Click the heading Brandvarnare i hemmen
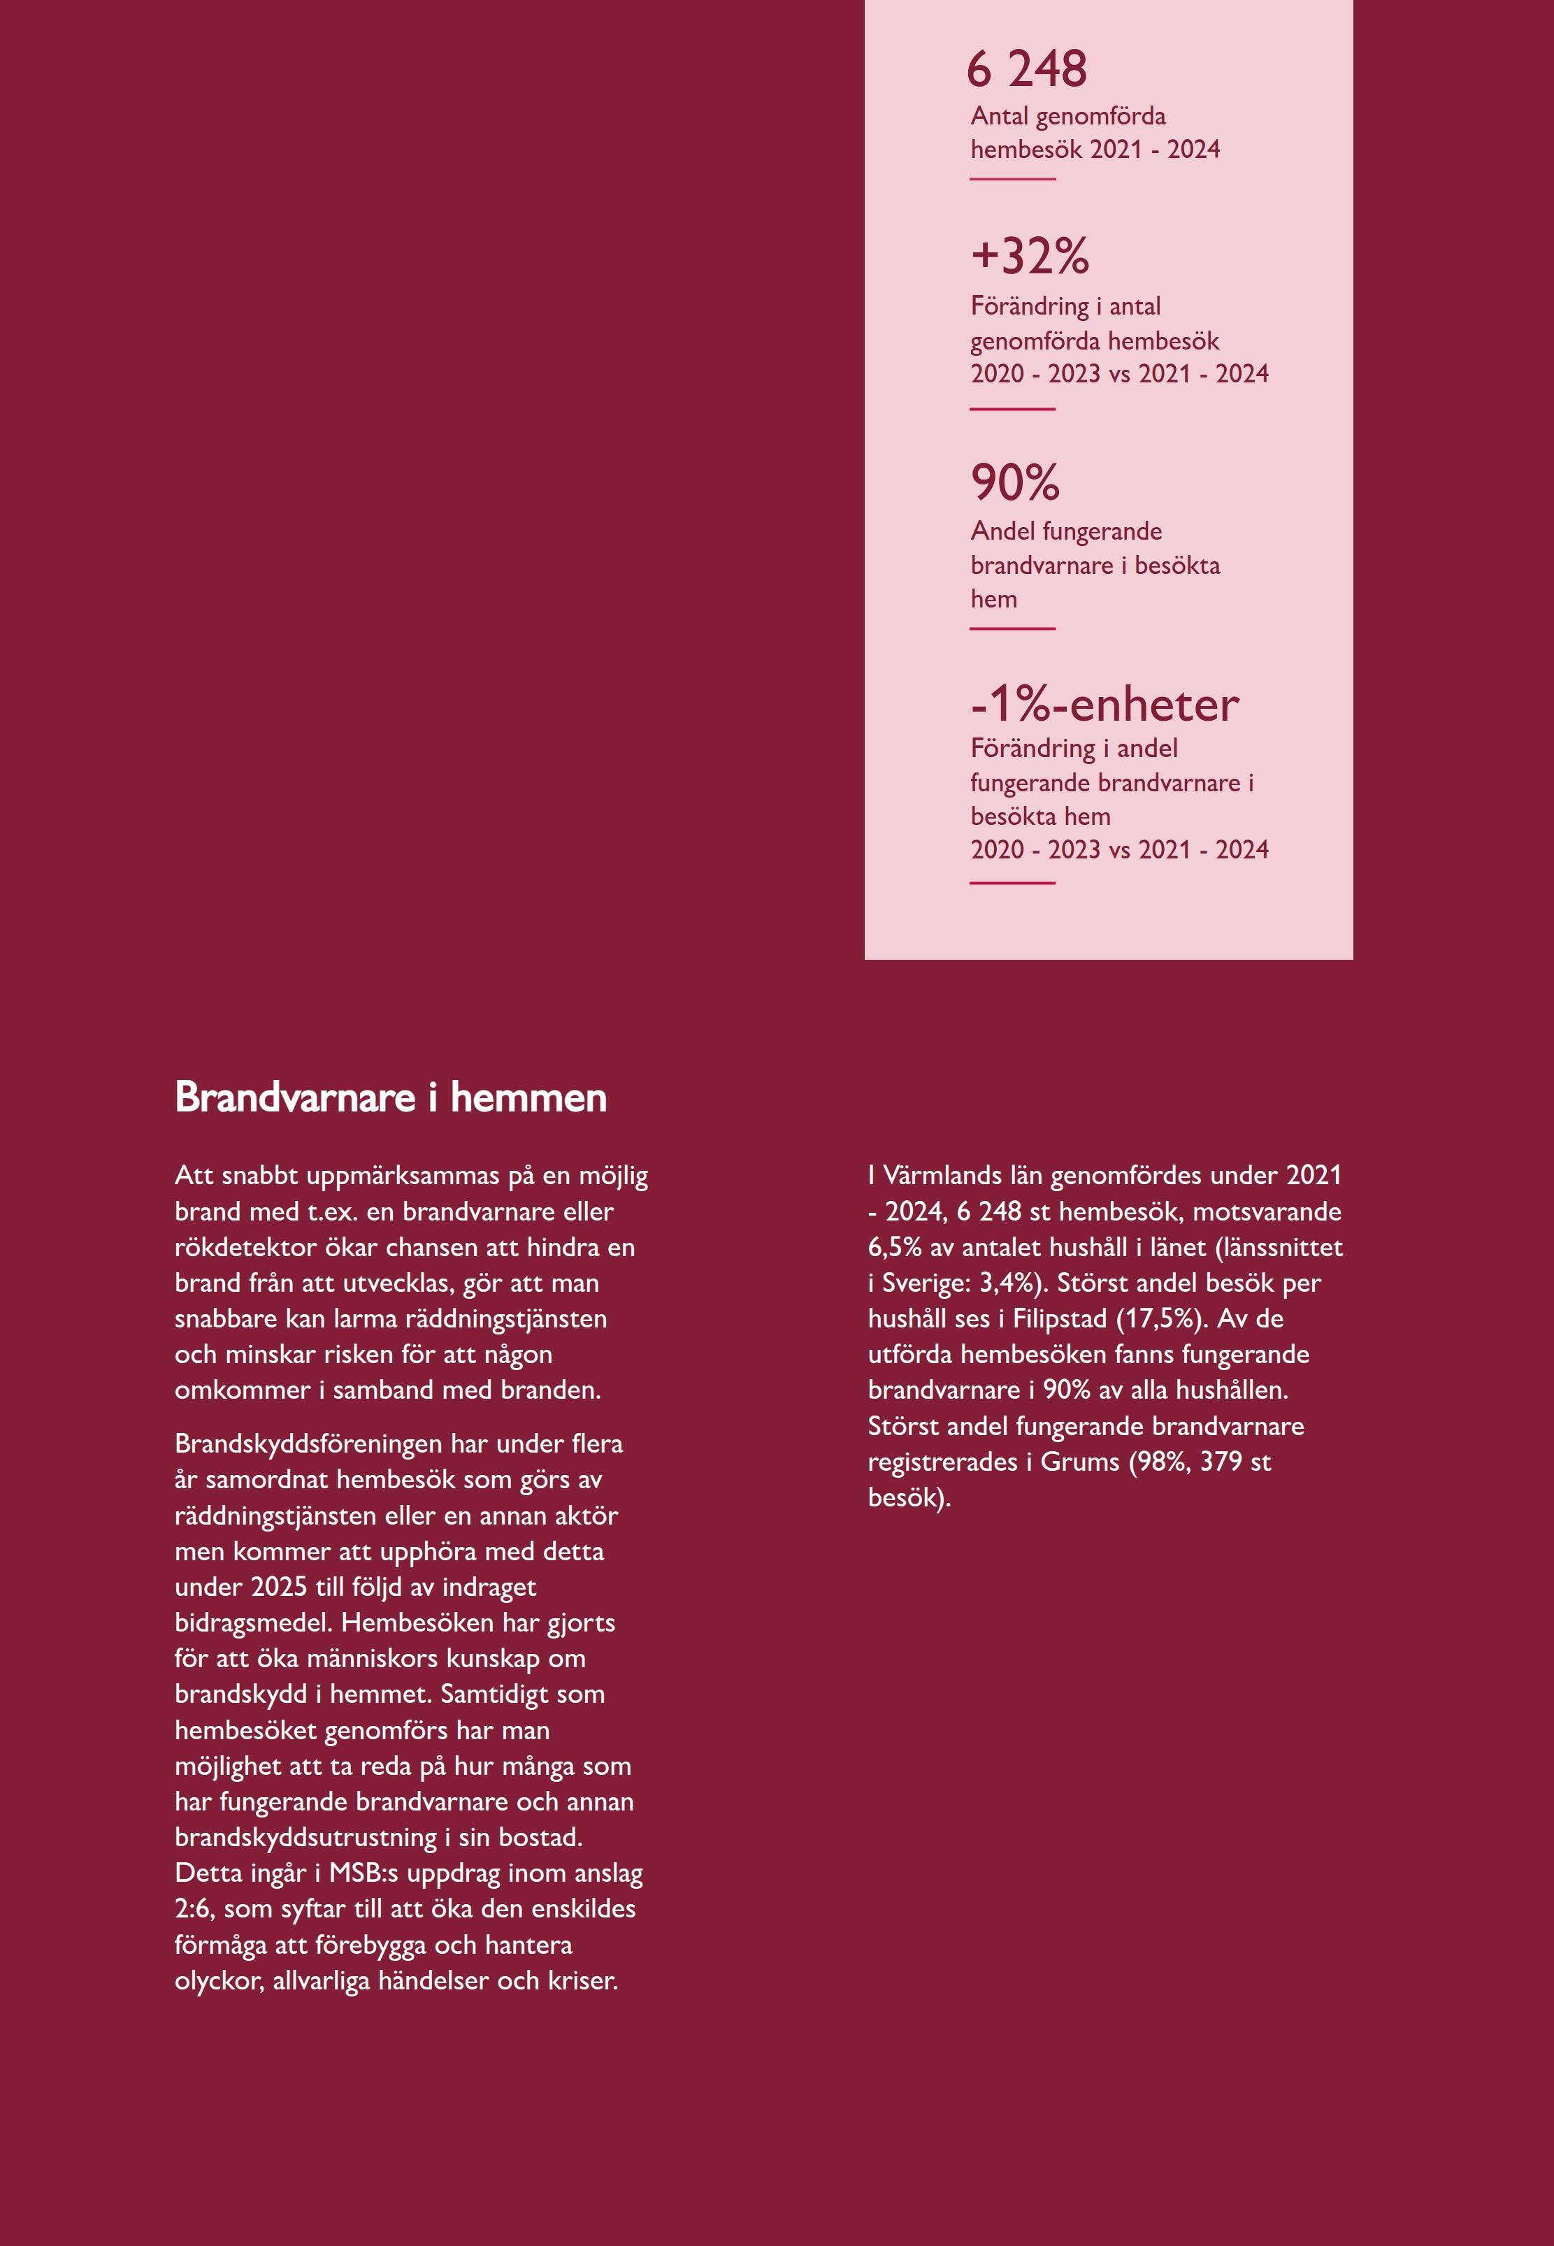point(391,1097)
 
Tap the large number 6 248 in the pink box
point(1026,69)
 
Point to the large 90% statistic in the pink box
point(1014,482)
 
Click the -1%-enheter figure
point(1105,704)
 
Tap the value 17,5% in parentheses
point(1163,1318)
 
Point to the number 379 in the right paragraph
point(1221,1461)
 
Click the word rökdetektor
point(245,1247)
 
